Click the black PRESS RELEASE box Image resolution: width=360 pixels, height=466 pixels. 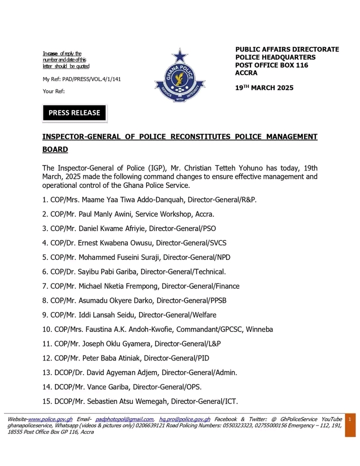pyautogui.click(x=74, y=113)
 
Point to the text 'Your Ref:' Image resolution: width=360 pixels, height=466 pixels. pyautogui.click(x=54, y=91)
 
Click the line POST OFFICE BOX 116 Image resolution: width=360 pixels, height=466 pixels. pyautogui.click(x=271, y=65)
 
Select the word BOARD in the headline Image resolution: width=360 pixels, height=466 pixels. pyautogui.click(x=55, y=149)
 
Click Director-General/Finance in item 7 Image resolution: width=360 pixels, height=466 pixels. pyautogui.click(x=205, y=286)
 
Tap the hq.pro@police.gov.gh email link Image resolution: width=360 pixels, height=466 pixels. pyautogui.click(x=184, y=419)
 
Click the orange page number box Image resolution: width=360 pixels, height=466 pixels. pyautogui.click(x=350, y=426)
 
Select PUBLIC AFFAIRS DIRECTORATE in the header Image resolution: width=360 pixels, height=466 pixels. pyautogui.click(x=287, y=49)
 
